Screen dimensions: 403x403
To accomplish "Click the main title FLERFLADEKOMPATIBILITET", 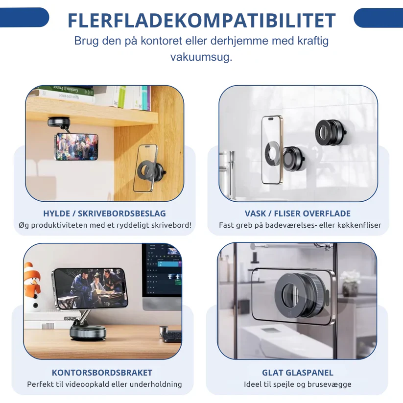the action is pyautogui.click(x=202, y=20).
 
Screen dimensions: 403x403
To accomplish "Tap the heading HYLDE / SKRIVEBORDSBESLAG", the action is pyautogui.click(x=104, y=213).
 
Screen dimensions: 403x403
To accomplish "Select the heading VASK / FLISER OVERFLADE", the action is pyautogui.click(x=298, y=213).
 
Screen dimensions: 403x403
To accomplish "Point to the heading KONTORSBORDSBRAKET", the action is pyautogui.click(x=102, y=373).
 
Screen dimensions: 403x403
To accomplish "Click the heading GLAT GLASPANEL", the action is pyautogui.click(x=298, y=373).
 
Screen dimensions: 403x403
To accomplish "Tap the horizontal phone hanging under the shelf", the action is pyautogui.click(x=76, y=146).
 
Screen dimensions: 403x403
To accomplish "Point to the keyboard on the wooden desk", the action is pyautogui.click(x=172, y=337).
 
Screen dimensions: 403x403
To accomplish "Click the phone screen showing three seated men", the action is pyautogui.click(x=90, y=287).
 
